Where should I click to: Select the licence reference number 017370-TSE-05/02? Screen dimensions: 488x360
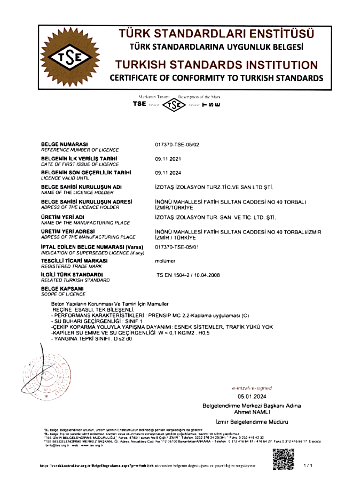pyautogui.click(x=176, y=144)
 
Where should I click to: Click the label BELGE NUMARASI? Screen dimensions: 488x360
pyautogui.click(x=65, y=144)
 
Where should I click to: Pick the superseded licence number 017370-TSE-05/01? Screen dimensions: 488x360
pyautogui.click(x=176, y=247)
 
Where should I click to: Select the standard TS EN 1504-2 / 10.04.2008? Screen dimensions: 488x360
pyautogui.click(x=187, y=275)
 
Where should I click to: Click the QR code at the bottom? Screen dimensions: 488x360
pyautogui.click(x=284, y=460)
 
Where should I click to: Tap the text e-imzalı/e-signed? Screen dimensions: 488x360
pyautogui.click(x=252, y=388)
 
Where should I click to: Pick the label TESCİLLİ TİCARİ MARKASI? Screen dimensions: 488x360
pyautogui.click(x=72, y=260)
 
